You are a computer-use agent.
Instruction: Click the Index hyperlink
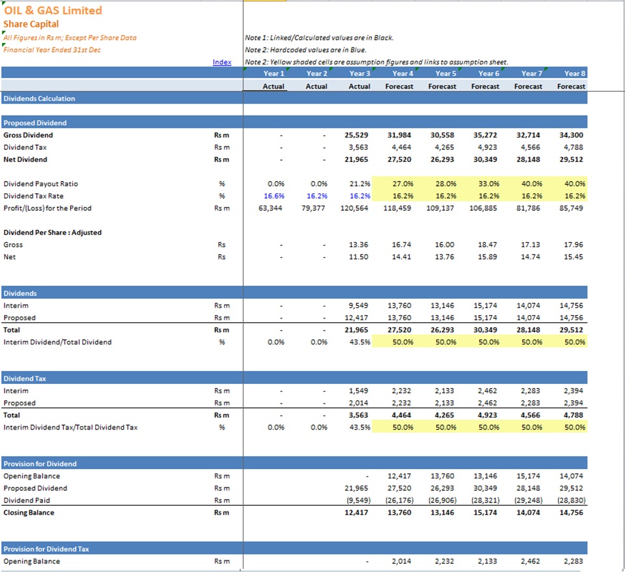click(222, 62)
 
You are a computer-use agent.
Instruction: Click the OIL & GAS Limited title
click(53, 10)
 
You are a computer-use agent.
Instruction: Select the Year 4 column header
click(402, 74)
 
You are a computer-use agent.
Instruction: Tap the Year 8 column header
click(575, 74)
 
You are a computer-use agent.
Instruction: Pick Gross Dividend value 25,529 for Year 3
click(356, 135)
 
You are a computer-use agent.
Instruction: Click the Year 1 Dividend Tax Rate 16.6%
click(274, 196)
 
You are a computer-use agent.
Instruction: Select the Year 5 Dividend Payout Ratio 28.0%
click(445, 184)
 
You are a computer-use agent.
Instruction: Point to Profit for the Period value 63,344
click(270, 208)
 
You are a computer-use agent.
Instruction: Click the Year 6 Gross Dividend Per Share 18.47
click(488, 245)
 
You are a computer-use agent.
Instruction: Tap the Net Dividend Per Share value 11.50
click(358, 257)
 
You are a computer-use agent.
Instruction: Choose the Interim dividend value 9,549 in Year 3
click(358, 305)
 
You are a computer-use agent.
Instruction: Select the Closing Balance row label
click(29, 513)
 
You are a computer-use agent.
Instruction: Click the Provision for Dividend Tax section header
click(46, 549)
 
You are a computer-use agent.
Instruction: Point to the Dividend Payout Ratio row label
click(40, 184)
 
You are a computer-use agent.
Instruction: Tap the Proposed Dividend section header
click(35, 123)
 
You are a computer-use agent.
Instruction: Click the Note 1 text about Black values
click(319, 38)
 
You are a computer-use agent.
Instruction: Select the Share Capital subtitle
click(31, 24)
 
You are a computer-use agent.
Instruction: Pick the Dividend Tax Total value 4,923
click(488, 415)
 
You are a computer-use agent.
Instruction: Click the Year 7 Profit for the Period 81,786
click(528, 208)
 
